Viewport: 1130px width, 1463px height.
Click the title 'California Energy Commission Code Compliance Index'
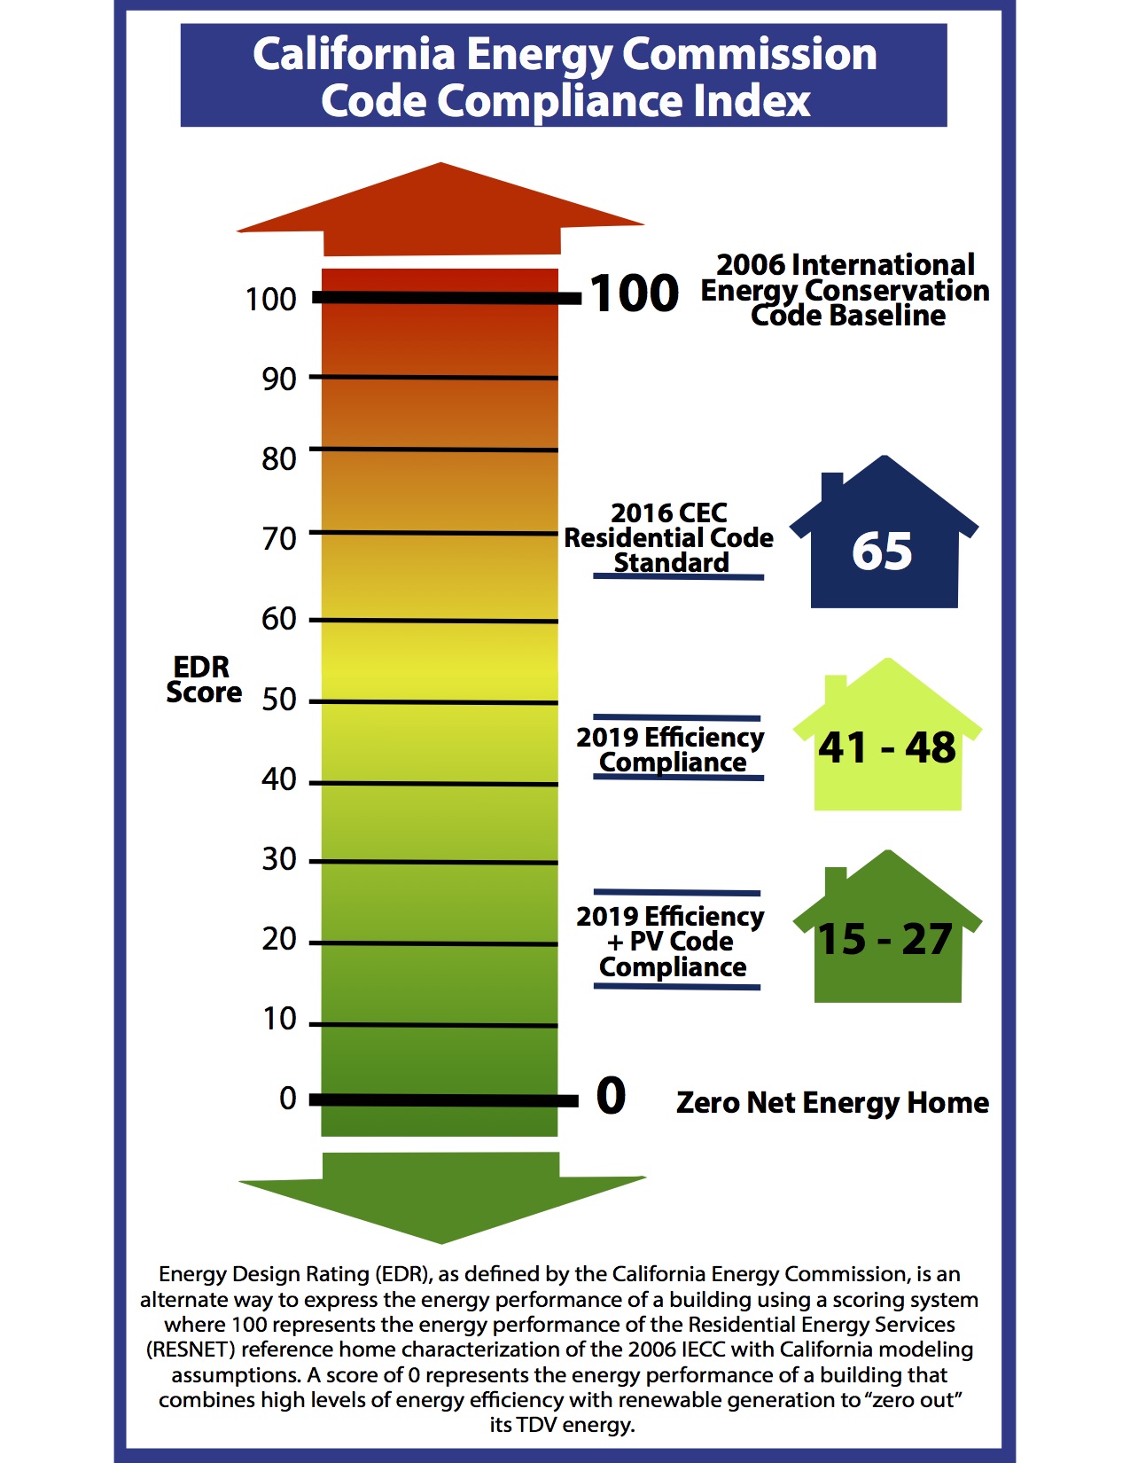click(564, 76)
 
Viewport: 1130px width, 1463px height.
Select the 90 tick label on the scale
click(278, 379)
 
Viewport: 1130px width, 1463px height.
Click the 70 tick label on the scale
click(278, 538)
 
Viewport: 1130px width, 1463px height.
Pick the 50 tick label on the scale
click(278, 700)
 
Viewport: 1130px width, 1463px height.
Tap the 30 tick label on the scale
click(278, 859)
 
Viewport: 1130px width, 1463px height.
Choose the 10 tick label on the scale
click(279, 1019)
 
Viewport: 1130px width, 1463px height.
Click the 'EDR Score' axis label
click(203, 679)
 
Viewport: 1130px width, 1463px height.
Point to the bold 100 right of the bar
click(635, 293)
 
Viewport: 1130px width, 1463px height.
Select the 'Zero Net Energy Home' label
click(832, 1102)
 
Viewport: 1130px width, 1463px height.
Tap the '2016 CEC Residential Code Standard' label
click(669, 538)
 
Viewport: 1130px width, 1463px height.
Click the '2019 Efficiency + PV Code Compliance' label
click(670, 941)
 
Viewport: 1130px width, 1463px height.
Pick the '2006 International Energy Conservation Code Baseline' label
click(846, 290)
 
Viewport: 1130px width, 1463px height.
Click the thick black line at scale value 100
click(443, 298)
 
